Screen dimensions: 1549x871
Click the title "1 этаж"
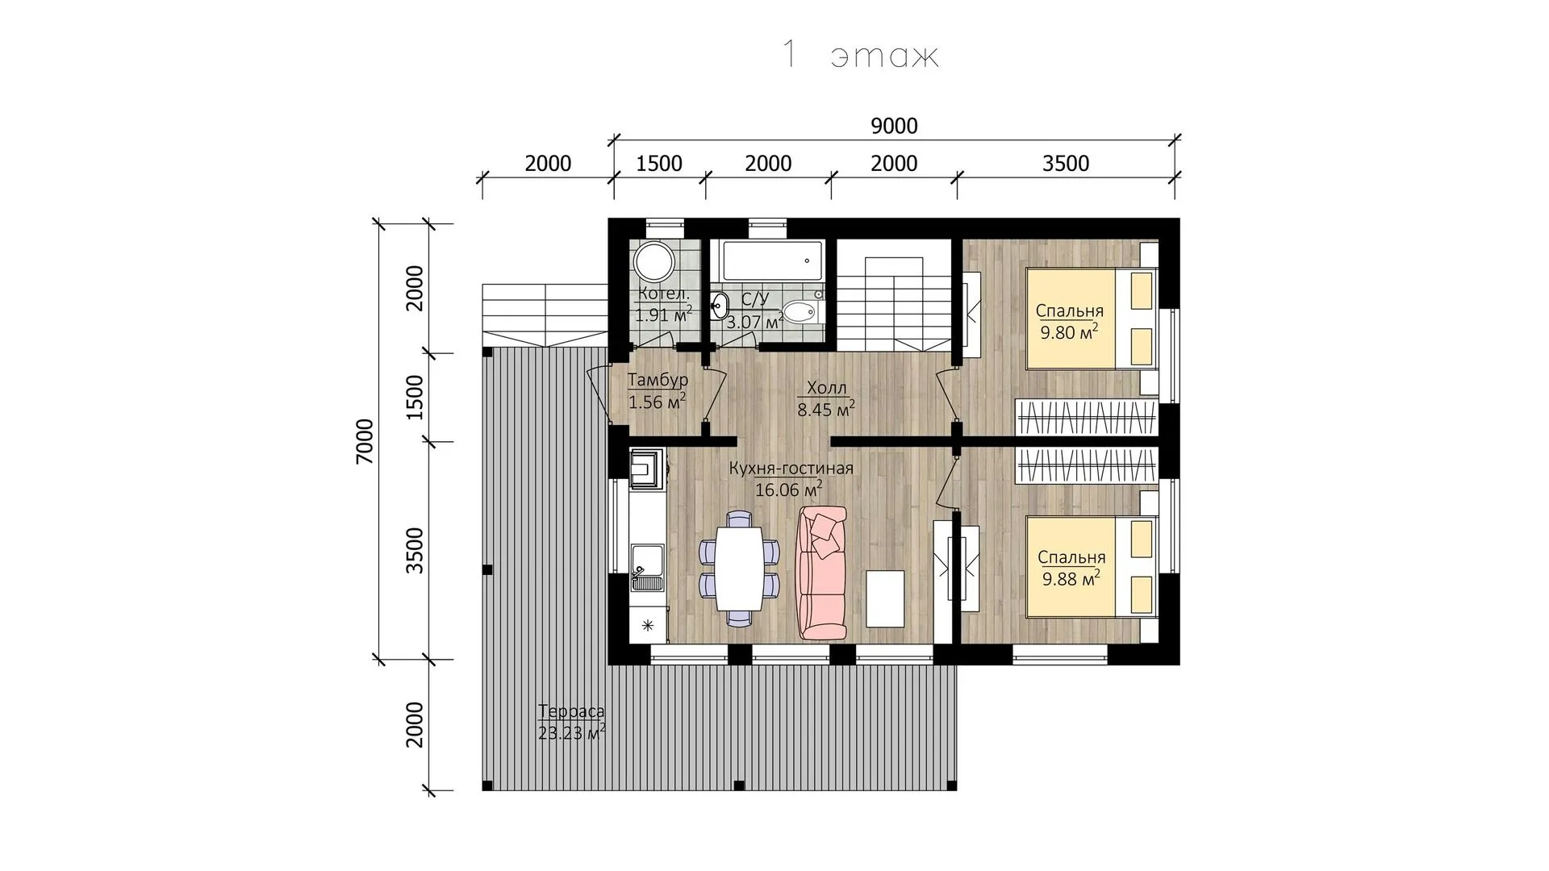point(860,55)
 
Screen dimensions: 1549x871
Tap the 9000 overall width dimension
point(895,126)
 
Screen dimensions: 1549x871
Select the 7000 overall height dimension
point(365,441)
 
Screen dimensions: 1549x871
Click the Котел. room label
point(663,293)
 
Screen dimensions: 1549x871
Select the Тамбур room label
point(658,380)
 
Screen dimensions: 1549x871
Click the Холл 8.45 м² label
point(826,399)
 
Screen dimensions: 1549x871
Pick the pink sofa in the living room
point(822,573)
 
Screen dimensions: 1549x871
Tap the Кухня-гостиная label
point(791,469)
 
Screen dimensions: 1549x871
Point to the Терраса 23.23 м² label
point(571,722)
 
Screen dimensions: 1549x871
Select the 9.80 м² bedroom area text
point(1069,332)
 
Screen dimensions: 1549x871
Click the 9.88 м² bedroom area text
point(1071,578)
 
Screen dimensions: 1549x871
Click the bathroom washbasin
point(720,306)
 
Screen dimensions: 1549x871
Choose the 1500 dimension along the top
point(659,163)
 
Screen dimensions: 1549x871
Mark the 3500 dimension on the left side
point(414,550)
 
